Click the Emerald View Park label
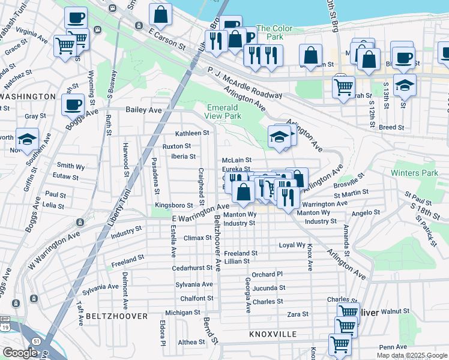point(223,111)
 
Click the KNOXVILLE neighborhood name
point(273,333)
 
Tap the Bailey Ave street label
point(144,110)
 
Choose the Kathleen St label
point(191,133)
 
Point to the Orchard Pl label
point(267,274)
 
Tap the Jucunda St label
point(268,288)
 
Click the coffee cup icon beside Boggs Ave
point(73,104)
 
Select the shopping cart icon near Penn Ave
point(340,344)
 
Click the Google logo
point(20,353)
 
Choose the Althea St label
point(191,342)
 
